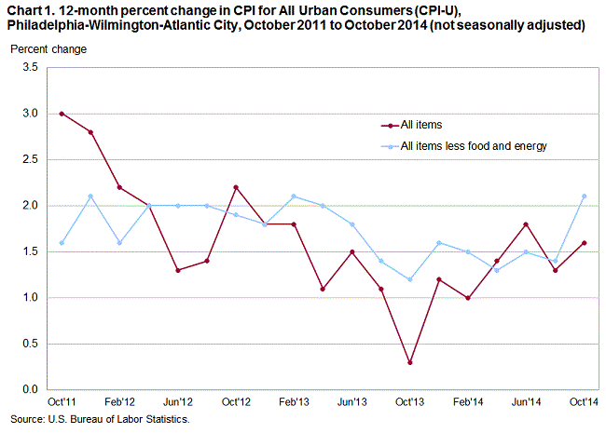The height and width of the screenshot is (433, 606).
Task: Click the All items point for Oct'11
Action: pos(61,114)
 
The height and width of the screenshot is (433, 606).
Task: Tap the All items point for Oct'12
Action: pos(236,187)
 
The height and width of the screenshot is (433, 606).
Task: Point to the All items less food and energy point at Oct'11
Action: pos(61,242)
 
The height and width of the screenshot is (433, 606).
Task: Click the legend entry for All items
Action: pos(422,124)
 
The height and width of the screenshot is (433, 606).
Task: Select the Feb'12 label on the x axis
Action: pos(119,402)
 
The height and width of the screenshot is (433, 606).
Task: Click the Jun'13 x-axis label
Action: pos(352,402)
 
